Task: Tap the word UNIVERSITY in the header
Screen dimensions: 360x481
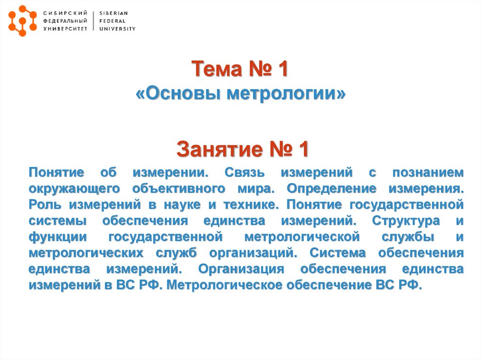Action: pos(117,29)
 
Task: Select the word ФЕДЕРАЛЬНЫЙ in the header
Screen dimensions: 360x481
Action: pos(65,21)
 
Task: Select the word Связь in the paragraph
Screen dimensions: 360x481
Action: pos(246,172)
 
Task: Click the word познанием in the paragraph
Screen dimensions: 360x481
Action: pos(428,172)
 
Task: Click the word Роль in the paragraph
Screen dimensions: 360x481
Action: pos(45,205)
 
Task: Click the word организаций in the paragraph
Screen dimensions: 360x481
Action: pos(253,253)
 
